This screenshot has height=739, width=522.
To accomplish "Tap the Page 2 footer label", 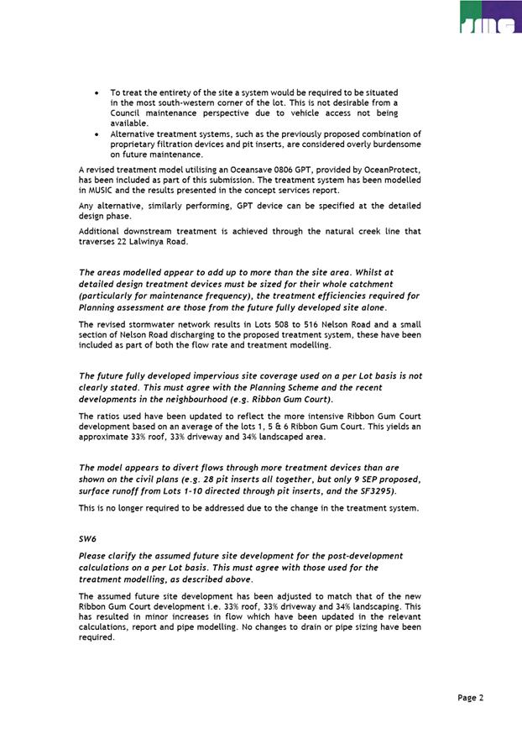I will (x=471, y=698).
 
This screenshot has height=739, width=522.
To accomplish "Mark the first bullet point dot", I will (x=99, y=92).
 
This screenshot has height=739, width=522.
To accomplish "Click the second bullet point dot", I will (x=99, y=134).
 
